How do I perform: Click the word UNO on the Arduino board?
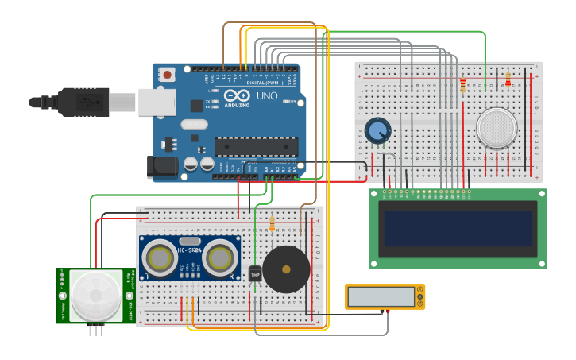click(267, 95)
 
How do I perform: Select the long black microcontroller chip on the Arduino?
click(256, 146)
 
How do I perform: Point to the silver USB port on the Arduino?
click(157, 102)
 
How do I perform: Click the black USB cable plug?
click(83, 102)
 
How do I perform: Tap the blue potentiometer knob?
click(378, 130)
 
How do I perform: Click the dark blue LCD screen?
click(457, 228)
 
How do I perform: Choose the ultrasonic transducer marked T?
click(160, 257)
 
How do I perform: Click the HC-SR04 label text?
click(190, 250)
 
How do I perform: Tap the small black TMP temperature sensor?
click(255, 274)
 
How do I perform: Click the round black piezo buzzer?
click(286, 269)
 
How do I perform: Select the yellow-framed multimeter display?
click(384, 296)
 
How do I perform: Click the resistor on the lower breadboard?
click(273, 225)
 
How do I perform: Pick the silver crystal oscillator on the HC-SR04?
click(190, 241)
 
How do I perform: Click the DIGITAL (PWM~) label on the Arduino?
click(264, 83)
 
